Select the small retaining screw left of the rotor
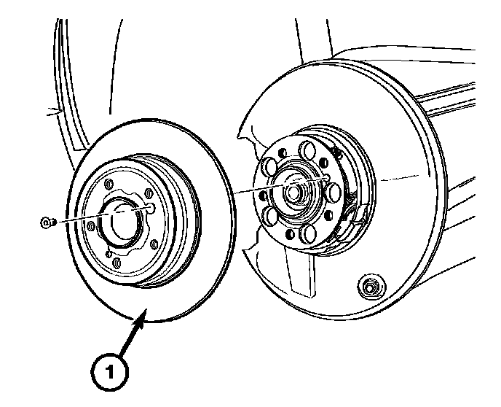[46, 221]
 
